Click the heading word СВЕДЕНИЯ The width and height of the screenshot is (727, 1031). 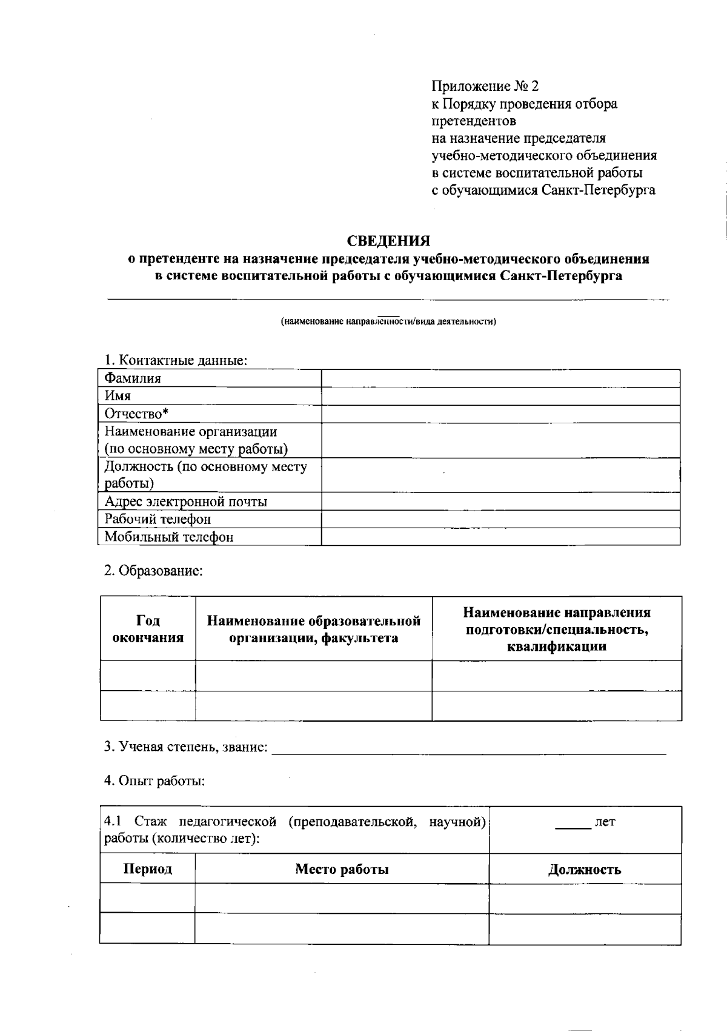388,241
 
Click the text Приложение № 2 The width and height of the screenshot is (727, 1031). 485,86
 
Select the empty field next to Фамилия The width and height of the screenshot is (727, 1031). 500,378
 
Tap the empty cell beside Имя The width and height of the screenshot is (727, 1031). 500,396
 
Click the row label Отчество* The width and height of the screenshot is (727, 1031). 136,414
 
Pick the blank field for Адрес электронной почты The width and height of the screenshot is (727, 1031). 500,502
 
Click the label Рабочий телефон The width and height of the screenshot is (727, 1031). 158,519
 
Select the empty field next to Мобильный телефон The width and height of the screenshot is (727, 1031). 500,537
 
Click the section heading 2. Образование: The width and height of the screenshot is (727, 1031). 153,571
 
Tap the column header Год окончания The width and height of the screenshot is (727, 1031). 148,629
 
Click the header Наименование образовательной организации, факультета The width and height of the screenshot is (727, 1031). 313,629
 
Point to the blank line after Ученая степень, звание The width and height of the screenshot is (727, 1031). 469,748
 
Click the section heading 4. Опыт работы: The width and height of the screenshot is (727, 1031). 154,781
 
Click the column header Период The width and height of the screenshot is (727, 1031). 147,869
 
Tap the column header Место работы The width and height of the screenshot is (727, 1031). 342,869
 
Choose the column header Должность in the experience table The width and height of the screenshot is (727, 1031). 585,870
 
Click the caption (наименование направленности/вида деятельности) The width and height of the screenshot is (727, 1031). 388,321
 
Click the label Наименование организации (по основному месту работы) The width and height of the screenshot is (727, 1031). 196,440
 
